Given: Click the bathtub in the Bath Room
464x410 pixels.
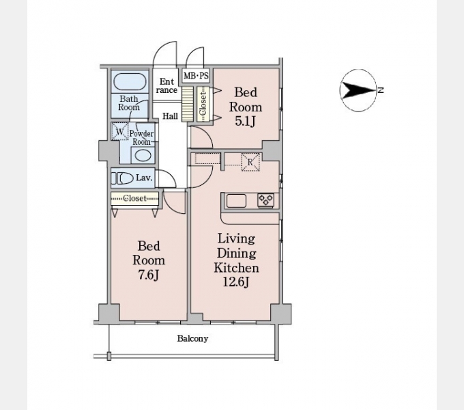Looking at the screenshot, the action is point(130,81).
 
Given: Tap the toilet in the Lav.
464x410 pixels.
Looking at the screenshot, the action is point(122,178).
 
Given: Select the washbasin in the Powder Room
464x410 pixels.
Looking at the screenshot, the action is point(143,155).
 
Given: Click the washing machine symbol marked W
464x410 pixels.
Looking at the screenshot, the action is point(120,131).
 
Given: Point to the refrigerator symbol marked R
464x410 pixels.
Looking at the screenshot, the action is point(250,162).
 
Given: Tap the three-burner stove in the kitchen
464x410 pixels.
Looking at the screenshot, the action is point(265,200).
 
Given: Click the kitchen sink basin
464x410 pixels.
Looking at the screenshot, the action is point(236,201).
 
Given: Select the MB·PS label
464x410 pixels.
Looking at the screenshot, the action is point(196,76).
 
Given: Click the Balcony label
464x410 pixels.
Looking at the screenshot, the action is point(192,338).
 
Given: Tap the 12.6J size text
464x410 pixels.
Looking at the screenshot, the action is point(236,282).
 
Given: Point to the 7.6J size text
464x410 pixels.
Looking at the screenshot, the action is point(149,275).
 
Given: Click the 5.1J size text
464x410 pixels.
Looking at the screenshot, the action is point(246,121).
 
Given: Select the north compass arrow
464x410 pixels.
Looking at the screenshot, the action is point(358,90).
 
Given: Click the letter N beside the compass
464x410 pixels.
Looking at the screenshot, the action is point(381,90).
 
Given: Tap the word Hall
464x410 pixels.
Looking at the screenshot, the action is point(170,116).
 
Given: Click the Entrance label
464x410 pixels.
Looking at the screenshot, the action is point(166,86).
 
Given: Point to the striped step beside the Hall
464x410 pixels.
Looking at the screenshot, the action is point(188,104).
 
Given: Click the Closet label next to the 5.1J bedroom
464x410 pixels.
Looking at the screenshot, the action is point(203,104).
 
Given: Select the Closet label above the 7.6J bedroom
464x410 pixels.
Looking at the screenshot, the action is point(134,198).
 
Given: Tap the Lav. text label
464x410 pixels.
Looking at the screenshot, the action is point(144,178).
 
